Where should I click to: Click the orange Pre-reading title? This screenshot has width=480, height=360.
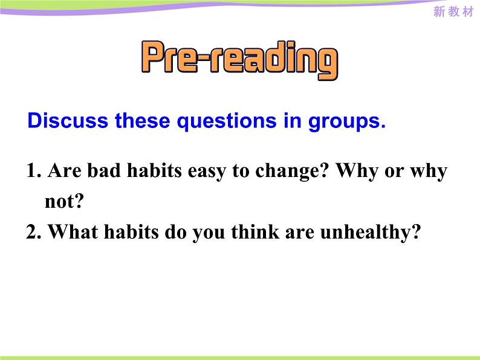pyautogui.click(x=239, y=59)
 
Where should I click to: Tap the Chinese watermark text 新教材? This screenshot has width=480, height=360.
pyautogui.click(x=453, y=13)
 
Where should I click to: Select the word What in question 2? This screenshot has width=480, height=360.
pyautogui.click(x=69, y=232)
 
